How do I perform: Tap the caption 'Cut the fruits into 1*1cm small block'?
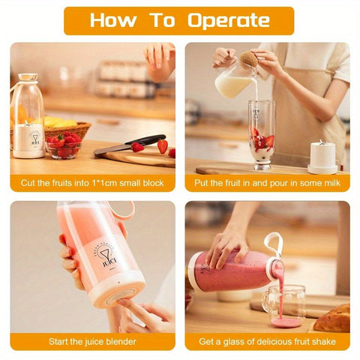coord(92,182)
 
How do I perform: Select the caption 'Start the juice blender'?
coord(92,341)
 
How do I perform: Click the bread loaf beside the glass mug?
coord(332,318)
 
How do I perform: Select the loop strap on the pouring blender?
coord(272,243)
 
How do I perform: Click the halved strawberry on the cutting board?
coord(138,147)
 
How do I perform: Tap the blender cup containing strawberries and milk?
coord(261,135)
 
